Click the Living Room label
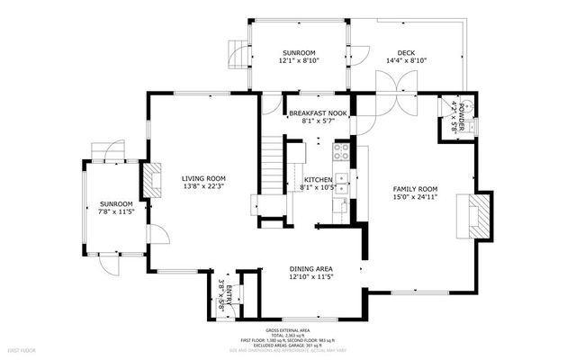coord(202,178)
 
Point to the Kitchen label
coord(318,180)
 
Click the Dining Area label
coord(311,268)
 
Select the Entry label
coord(229,291)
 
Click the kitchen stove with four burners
coord(341,150)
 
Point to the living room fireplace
coord(155,179)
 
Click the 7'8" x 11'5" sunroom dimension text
coord(116,212)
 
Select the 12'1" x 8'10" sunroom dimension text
coord(299,61)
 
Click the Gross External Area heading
coord(314,331)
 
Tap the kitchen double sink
coord(342,183)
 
